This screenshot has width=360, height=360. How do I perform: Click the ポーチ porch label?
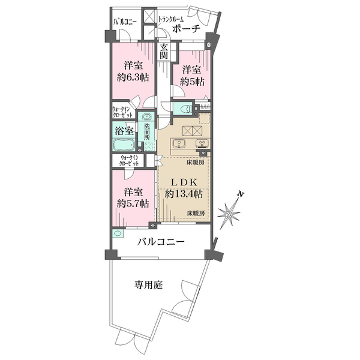click(186, 29)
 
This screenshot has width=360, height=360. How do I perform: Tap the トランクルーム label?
click(170, 20)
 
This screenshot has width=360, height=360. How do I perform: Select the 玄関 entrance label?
click(164, 51)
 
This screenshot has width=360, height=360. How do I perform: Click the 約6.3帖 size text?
click(133, 78)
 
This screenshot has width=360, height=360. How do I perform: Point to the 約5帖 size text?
click(192, 82)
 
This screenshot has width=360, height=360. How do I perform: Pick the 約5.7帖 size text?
click(133, 203)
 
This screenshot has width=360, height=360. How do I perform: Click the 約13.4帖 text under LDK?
click(184, 194)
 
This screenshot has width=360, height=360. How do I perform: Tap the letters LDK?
click(184, 182)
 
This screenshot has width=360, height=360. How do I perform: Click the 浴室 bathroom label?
click(124, 131)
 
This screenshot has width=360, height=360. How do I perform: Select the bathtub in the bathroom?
click(124, 145)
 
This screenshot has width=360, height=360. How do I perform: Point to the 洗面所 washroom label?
click(147, 132)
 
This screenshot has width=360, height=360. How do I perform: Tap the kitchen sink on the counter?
click(178, 143)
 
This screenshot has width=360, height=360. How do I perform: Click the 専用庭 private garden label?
click(149, 285)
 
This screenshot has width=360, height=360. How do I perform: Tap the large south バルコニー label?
click(161, 242)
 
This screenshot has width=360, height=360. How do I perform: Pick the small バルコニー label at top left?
click(125, 22)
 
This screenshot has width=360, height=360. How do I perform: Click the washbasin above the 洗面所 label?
click(146, 117)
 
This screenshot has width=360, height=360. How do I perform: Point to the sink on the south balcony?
click(118, 233)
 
